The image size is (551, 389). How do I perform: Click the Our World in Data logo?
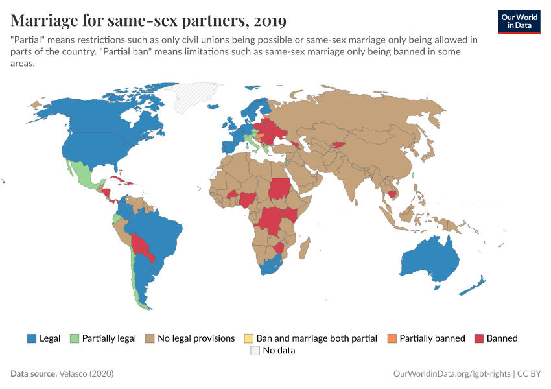click(519, 21)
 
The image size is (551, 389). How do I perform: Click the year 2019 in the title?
click(270, 21)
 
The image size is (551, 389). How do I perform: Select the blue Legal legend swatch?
click(31, 338)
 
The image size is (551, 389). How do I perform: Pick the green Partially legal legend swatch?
click(74, 338)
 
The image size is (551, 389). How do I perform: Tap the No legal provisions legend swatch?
click(150, 338)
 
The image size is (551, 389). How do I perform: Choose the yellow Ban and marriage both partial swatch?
click(248, 338)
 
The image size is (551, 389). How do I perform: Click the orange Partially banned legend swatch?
click(392, 338)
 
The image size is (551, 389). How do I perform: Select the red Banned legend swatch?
click(479, 338)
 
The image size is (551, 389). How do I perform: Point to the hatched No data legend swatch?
click(255, 351)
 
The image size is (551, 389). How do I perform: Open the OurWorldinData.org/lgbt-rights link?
click(452, 374)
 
